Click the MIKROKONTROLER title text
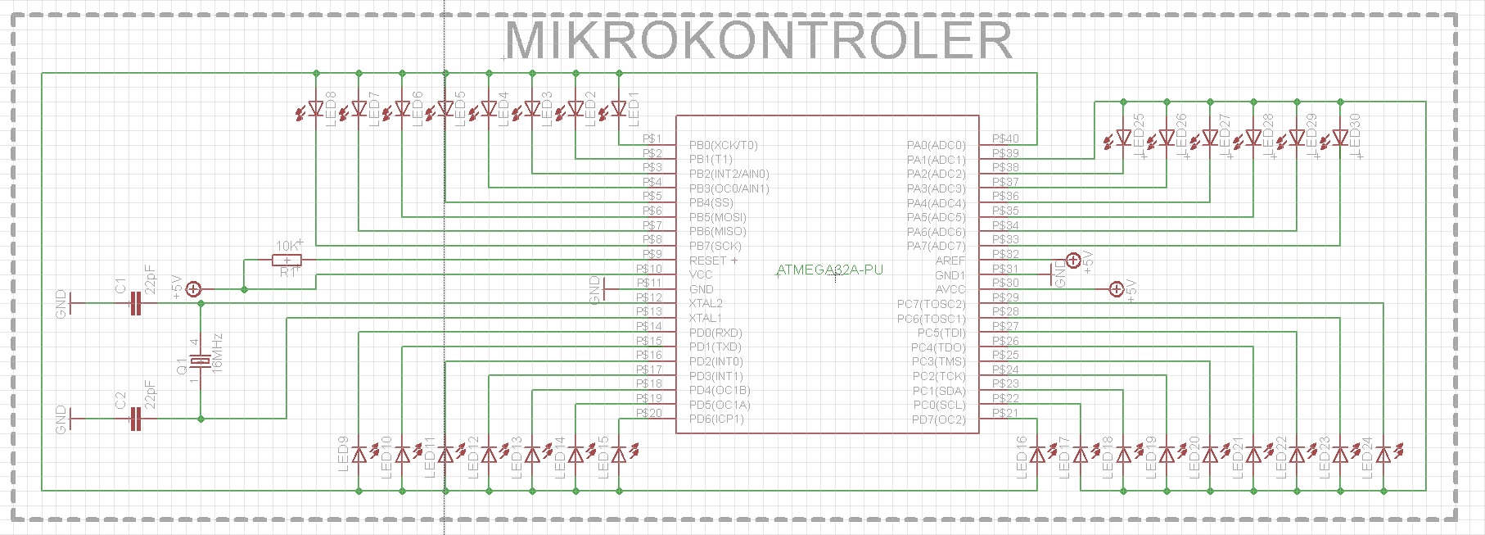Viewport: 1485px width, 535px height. pyautogui.click(x=758, y=40)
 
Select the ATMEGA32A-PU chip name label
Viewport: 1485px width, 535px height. pyautogui.click(x=829, y=270)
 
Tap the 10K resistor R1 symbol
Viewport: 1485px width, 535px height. pyautogui.click(x=287, y=261)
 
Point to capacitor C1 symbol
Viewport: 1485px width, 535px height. pyautogui.click(x=136, y=304)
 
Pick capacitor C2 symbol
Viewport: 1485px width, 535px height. pyautogui.click(x=136, y=419)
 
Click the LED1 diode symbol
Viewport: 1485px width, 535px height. pyautogui.click(x=619, y=108)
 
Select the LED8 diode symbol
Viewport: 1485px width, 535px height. pyautogui.click(x=316, y=108)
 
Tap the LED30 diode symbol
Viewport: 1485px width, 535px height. pyautogui.click(x=1340, y=138)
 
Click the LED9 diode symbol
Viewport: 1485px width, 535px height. pyautogui.click(x=359, y=454)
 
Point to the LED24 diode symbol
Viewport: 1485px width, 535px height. pyautogui.click(x=1383, y=454)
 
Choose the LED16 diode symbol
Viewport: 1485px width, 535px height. pyautogui.click(x=1037, y=454)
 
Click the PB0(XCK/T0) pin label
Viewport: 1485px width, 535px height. pyautogui.click(x=723, y=145)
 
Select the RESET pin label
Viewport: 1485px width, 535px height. pyautogui.click(x=709, y=261)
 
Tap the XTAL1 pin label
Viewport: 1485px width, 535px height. pyautogui.click(x=705, y=318)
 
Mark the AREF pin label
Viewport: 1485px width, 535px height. pyautogui.click(x=950, y=261)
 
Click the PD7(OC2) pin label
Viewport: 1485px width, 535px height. pyautogui.click(x=938, y=419)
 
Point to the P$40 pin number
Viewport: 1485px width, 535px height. pyautogui.click(x=1005, y=138)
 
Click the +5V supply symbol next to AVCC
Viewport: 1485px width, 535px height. pyautogui.click(x=1116, y=288)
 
